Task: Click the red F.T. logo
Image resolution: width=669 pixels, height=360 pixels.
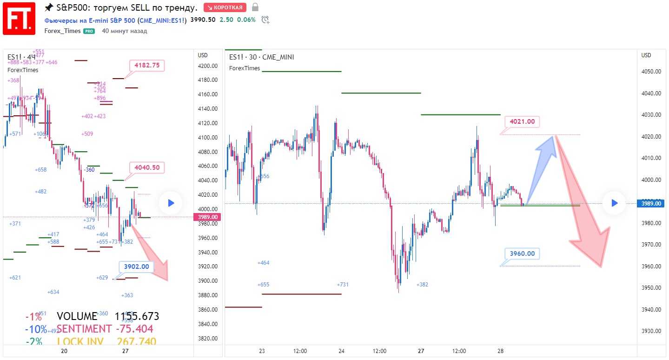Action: tap(19, 19)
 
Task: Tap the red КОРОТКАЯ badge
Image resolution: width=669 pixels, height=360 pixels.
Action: tap(225, 7)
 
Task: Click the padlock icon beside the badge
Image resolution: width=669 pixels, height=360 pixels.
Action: tap(254, 7)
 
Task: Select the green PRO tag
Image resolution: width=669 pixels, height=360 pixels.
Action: tap(89, 31)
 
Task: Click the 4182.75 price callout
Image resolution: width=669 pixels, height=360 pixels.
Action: tap(147, 66)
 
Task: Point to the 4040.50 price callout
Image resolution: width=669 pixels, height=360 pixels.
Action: tap(147, 167)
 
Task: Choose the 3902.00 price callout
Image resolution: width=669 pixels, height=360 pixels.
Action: tap(137, 267)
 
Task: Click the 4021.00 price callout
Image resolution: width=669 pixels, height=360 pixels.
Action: tap(522, 122)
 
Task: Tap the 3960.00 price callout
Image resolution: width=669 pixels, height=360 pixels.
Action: tap(522, 254)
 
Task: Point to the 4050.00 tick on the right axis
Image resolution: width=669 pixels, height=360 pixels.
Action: tap(651, 72)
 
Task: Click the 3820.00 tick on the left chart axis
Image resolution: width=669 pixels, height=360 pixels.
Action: tap(208, 339)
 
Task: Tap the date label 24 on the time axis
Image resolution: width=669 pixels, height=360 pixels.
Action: tap(341, 351)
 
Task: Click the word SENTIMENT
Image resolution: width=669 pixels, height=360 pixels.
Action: tap(84, 329)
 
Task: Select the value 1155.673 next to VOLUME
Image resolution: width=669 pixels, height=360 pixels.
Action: tap(137, 317)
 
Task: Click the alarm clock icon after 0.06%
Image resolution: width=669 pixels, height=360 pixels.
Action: tap(265, 20)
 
